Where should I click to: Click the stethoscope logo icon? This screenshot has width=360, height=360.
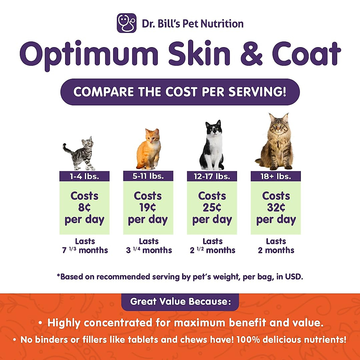(127, 23)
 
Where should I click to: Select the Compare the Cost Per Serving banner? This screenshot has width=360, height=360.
(180, 92)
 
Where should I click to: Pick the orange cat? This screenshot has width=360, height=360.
(149, 149)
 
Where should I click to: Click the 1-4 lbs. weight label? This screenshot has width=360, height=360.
(84, 176)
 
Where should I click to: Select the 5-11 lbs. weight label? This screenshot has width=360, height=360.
(148, 176)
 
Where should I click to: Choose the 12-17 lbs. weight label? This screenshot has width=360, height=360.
(212, 176)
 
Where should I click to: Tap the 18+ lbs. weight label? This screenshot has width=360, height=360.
(276, 176)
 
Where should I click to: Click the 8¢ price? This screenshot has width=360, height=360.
(84, 208)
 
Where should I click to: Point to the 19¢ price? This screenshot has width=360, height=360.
(148, 208)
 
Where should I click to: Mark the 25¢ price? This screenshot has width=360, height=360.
(212, 208)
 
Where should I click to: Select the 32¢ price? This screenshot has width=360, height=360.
(276, 208)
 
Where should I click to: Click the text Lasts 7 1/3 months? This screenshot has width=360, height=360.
(85, 246)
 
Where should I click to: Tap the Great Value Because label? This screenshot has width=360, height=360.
(180, 301)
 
